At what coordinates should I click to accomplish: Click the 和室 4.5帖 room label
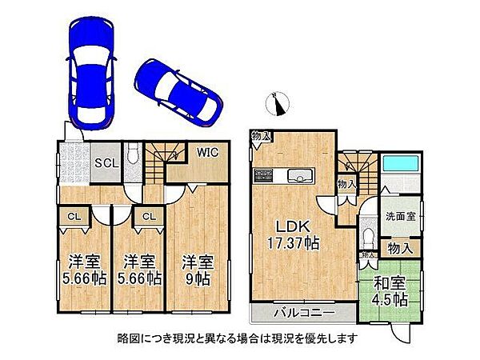388,293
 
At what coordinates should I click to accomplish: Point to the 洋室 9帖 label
196,270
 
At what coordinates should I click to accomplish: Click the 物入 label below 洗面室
400,249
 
